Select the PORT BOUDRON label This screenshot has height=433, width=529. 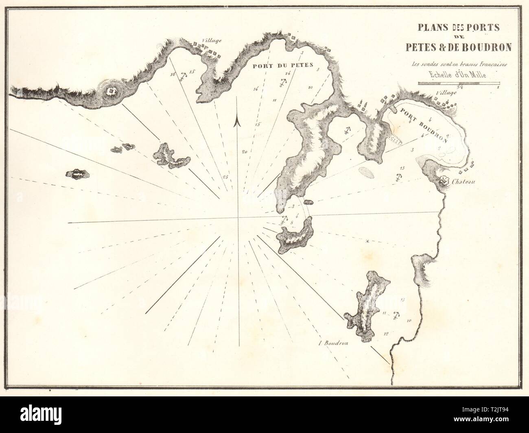423,125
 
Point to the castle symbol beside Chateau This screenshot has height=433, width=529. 445,181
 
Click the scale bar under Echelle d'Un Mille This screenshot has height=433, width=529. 459,83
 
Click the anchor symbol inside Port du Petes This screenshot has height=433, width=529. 281,83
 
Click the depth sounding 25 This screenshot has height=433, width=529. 225,177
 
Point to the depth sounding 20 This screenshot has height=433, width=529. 244,152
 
